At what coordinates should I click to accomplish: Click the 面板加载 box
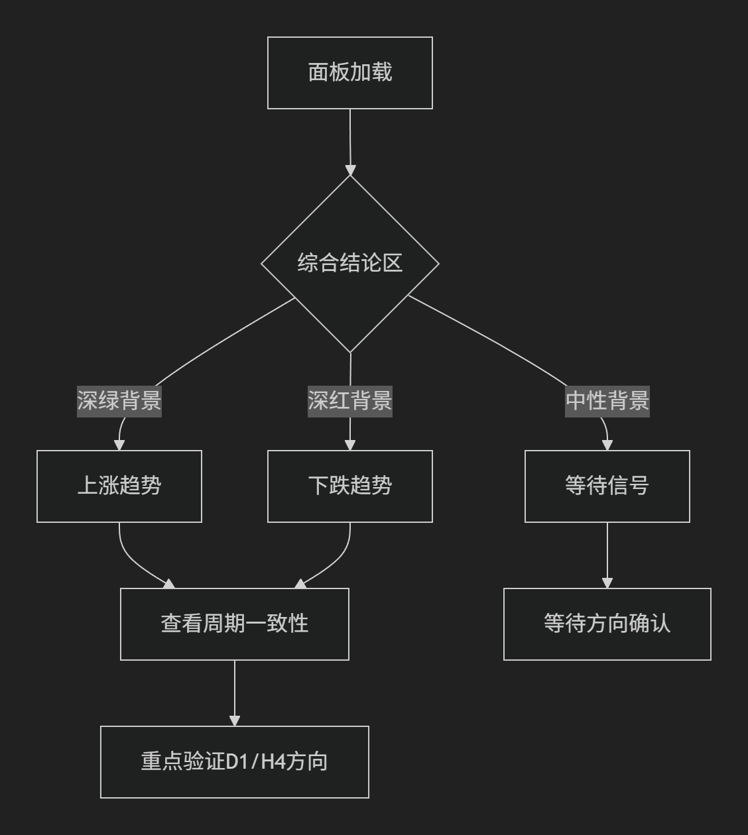pos(350,73)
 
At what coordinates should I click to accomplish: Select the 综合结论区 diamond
pos(350,264)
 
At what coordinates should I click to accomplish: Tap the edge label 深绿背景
pos(119,401)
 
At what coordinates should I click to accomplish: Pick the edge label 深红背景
pos(350,401)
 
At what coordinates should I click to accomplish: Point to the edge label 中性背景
pos(607,401)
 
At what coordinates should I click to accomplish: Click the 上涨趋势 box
pos(119,486)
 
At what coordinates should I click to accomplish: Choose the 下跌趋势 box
pos(350,486)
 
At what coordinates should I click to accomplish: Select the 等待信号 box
pos(607,486)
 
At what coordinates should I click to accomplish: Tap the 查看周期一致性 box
pos(235,624)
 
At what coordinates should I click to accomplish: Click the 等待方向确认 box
pos(607,624)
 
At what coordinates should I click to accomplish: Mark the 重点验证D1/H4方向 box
pos(235,762)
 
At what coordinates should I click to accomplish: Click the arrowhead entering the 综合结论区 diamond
pos(351,170)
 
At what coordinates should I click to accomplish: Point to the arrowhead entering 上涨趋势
pos(119,445)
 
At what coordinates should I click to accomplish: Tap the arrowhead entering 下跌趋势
pos(350,445)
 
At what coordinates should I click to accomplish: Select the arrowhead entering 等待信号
pos(607,445)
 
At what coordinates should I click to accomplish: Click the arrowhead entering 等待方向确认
pos(607,583)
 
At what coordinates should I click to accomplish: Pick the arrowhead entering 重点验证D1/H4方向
pos(235,721)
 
